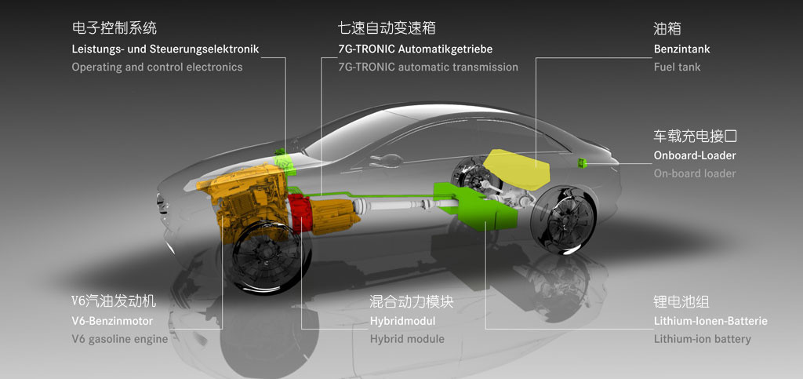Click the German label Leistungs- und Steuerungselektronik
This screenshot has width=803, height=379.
click(x=165, y=49)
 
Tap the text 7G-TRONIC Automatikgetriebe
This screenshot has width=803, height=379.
click(x=415, y=49)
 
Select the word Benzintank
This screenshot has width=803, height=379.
click(x=681, y=49)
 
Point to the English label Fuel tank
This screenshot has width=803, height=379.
click(x=677, y=67)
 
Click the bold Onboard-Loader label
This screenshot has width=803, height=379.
click(x=695, y=155)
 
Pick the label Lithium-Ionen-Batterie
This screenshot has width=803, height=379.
click(x=710, y=321)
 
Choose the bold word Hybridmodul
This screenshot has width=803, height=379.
click(x=402, y=321)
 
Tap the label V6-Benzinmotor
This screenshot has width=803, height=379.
click(x=112, y=321)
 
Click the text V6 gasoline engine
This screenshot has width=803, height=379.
click(x=120, y=339)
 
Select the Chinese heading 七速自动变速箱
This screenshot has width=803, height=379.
click(x=387, y=27)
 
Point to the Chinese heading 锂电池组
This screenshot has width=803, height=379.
click(x=681, y=301)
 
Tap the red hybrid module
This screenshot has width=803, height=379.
click(x=300, y=213)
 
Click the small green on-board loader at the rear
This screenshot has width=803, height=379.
click(x=582, y=163)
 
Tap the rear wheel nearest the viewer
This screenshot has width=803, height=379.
click(x=563, y=219)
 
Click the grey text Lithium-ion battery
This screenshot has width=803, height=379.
click(x=702, y=339)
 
